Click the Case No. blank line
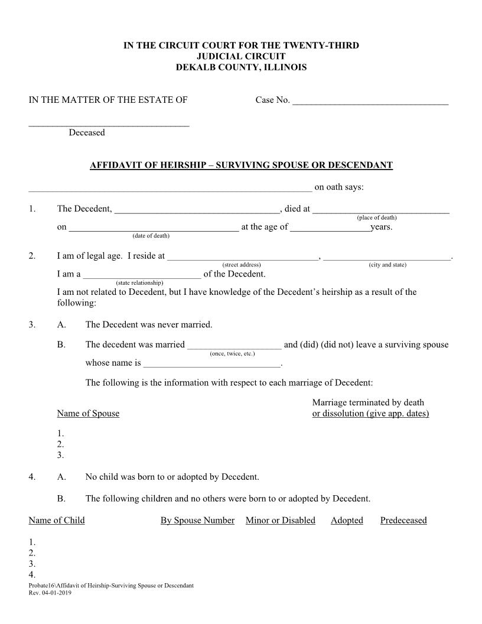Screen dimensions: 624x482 370,103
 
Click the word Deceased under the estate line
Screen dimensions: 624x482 87,132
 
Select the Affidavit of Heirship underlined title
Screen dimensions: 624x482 241,165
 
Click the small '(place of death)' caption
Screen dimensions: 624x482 381,217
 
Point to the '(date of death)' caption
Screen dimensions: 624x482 151,236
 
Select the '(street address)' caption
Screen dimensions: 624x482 242,265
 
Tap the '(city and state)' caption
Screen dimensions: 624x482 387,265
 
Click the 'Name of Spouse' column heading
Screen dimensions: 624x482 88,414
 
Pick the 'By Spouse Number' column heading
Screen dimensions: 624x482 197,521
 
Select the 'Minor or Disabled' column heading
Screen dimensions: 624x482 281,521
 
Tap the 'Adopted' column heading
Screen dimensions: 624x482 347,521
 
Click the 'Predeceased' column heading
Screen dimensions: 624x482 403,521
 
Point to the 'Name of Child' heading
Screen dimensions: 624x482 57,521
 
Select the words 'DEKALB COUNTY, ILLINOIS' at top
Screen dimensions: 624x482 241,67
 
